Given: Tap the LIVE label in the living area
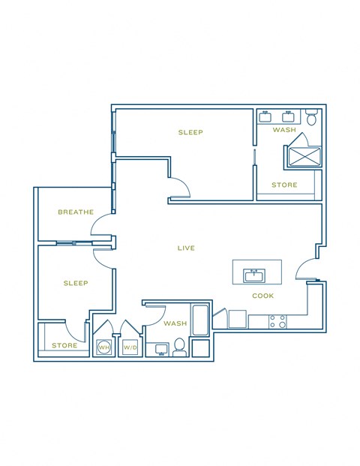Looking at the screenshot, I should (x=186, y=248).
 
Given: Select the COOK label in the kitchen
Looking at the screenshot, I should (x=262, y=296).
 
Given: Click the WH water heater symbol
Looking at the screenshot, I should (x=103, y=347).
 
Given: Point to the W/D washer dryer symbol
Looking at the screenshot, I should (x=130, y=347).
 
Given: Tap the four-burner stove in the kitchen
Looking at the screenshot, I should (x=277, y=321).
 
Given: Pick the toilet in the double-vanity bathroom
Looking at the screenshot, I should (x=313, y=117).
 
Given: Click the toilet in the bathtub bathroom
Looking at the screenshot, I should (x=179, y=347).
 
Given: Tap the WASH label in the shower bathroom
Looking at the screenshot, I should (x=284, y=131).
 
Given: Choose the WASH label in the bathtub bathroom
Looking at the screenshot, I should (x=175, y=324).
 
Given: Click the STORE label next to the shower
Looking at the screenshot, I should (x=284, y=185).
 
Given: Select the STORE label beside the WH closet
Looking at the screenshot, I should (x=64, y=346).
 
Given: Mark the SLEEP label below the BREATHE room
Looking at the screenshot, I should (x=76, y=284).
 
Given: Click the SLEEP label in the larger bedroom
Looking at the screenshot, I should (x=190, y=133).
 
